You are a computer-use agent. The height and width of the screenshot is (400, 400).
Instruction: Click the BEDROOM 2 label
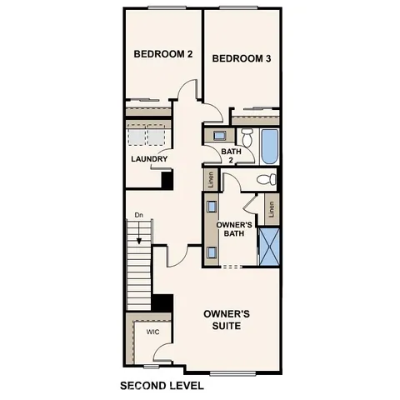pyautogui.click(x=163, y=54)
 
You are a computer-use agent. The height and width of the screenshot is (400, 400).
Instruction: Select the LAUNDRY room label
pyautogui.click(x=149, y=159)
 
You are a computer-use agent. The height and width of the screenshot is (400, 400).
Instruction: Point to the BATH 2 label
pyautogui.click(x=231, y=156)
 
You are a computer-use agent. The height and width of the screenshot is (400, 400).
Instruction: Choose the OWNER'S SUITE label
pyautogui.click(x=227, y=320)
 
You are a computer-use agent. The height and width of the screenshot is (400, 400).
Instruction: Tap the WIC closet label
pyautogui.click(x=152, y=332)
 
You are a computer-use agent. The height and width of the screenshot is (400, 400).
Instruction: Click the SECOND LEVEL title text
pyautogui.click(x=162, y=386)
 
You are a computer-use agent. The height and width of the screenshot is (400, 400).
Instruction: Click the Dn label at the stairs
pyautogui.click(x=139, y=216)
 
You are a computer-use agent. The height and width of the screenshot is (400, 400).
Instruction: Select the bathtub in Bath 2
pyautogui.click(x=268, y=147)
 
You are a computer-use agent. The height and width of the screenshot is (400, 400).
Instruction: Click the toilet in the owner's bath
pyautogui.click(x=266, y=179)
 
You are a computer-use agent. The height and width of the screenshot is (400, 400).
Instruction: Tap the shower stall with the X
pyautogui.click(x=269, y=242)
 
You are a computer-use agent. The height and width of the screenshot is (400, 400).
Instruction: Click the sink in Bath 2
pyautogui.click(x=219, y=135)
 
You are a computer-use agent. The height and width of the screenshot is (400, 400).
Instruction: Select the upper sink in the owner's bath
pyautogui.click(x=212, y=206)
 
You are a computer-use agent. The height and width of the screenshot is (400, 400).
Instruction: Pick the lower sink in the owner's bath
pyautogui.click(x=212, y=250)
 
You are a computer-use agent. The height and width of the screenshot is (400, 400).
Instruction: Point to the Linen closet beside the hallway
pyautogui.click(x=212, y=178)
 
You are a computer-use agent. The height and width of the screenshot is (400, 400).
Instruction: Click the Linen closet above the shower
pyautogui.click(x=272, y=209)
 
